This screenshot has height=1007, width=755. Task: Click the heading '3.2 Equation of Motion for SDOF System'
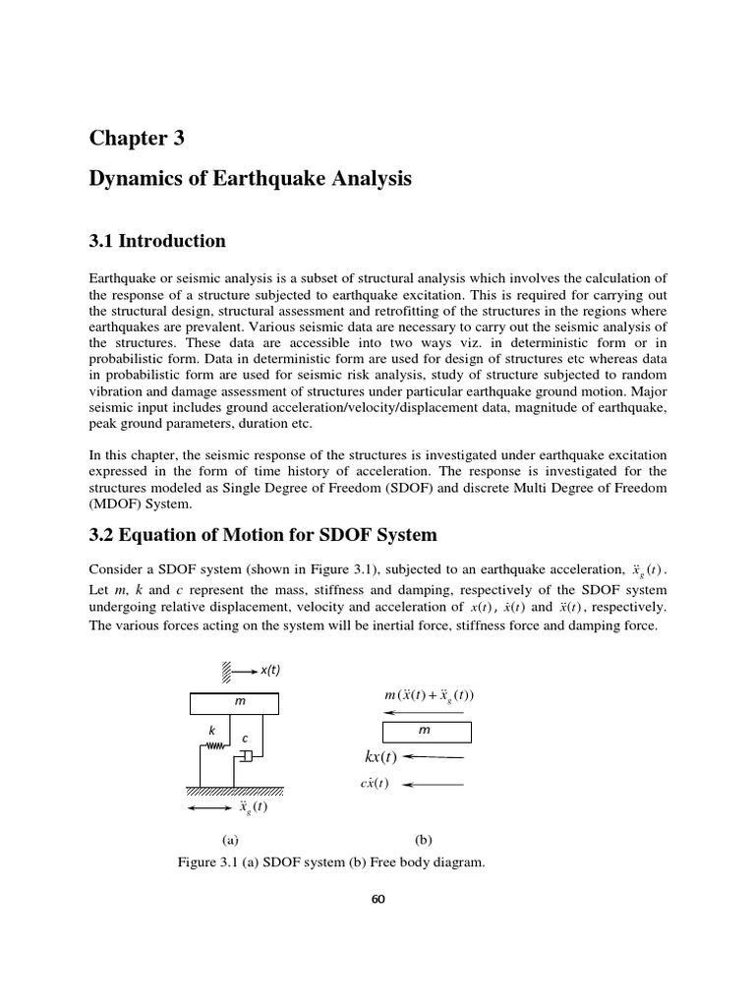click(262, 535)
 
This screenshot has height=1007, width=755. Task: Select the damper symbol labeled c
click(244, 755)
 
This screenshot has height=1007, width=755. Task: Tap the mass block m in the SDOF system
click(233, 703)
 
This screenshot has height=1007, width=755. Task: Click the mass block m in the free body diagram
click(425, 732)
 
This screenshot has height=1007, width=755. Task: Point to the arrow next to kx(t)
click(434, 758)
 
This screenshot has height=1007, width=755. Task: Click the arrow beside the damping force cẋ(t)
click(434, 784)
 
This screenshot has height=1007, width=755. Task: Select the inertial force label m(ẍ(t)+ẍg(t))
click(429, 696)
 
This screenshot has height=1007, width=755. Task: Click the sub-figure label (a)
click(230, 840)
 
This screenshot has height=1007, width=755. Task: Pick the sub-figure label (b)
click(424, 840)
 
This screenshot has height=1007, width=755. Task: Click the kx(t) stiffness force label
click(379, 757)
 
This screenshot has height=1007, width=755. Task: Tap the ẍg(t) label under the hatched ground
click(253, 808)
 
